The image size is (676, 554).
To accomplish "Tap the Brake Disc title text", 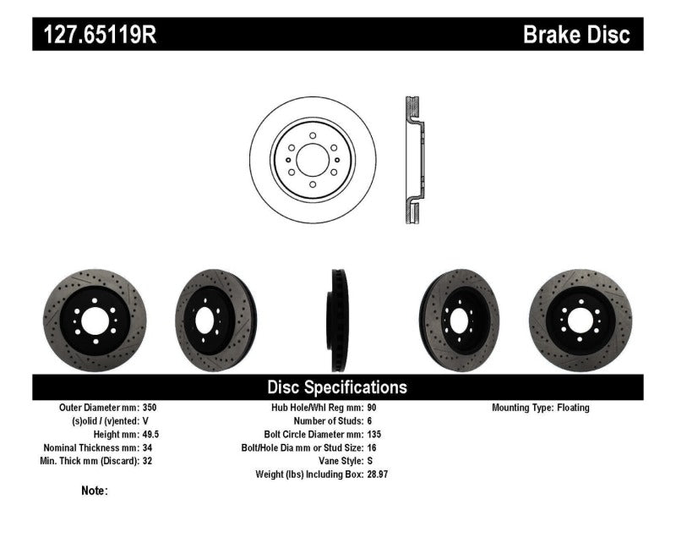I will coord(576,36).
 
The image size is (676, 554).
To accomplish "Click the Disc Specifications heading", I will coord(337,387).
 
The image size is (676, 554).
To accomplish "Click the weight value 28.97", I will coord(377,474).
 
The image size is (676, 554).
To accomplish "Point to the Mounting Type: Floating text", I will coord(541,408).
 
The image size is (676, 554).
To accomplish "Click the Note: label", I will coord(95,491).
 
